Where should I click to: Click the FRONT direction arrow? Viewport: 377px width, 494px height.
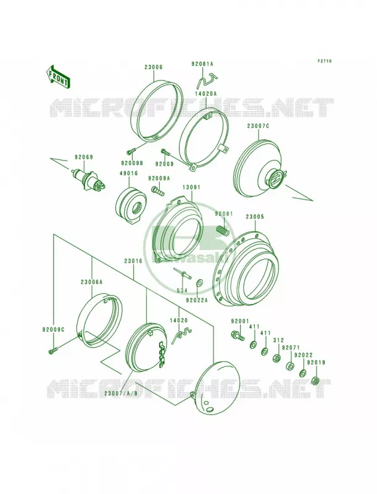(59, 77)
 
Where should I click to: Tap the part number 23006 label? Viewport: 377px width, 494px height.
(154, 67)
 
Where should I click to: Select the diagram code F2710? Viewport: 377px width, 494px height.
(324, 61)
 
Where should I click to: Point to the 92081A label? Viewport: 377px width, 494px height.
(202, 64)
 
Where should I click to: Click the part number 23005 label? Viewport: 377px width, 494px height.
(255, 217)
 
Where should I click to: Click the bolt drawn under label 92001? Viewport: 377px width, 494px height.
(238, 335)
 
